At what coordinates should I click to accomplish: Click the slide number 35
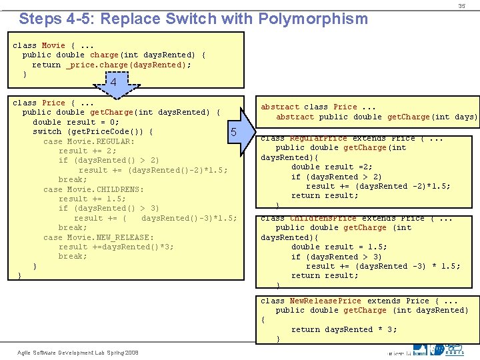461,6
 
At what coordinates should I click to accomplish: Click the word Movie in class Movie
53,46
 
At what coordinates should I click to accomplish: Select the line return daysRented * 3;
344,329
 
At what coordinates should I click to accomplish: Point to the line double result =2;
332,167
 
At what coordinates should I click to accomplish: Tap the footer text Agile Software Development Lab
64,352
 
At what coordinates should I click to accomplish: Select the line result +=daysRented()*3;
116,247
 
